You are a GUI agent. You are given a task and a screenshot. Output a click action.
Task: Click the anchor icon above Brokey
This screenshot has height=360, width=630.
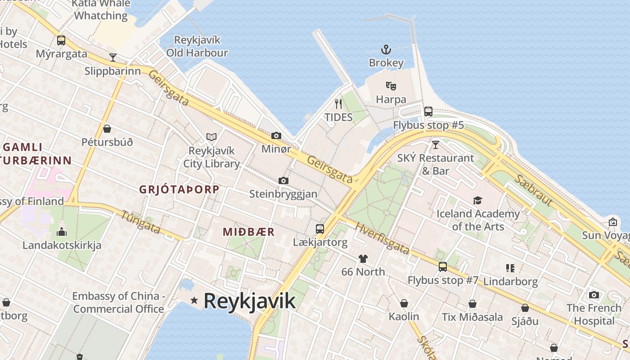click(386, 49)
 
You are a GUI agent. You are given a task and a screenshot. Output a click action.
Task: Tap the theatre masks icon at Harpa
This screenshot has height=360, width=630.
click(391, 85)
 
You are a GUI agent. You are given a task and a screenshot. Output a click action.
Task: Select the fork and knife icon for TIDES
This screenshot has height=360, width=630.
click(338, 104)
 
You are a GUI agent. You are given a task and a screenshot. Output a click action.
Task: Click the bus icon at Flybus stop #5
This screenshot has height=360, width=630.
click(428, 111)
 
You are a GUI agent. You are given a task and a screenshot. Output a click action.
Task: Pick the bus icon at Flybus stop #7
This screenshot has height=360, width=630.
click(443, 267)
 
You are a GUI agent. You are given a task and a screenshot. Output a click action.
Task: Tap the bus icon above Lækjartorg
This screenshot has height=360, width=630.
click(320, 229)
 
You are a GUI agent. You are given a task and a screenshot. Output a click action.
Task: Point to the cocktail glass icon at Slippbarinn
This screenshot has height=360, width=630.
click(113, 57)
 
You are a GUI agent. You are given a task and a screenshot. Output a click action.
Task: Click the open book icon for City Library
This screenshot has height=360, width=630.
click(211, 137)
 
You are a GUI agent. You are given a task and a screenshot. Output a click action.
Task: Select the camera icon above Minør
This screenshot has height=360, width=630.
click(276, 135)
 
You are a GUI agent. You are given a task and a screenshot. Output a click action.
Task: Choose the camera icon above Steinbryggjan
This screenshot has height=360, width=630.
click(283, 180)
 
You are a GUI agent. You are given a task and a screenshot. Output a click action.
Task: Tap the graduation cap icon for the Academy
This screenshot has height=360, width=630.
click(477, 200)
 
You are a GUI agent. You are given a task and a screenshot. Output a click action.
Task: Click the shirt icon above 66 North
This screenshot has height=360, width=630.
click(363, 258)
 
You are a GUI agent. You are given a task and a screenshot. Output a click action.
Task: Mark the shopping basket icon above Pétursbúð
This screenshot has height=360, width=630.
click(107, 129)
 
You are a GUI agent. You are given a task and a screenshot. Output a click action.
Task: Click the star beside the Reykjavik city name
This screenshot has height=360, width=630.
click(194, 300)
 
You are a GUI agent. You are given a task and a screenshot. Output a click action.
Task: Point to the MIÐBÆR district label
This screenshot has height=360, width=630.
click(249, 232)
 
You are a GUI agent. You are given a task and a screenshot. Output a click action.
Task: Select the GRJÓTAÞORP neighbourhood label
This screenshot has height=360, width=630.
click(179, 189)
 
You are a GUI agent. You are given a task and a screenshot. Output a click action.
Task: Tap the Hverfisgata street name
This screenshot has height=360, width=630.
click(382, 238)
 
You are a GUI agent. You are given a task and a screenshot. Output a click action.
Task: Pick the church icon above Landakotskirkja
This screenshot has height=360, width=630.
click(62, 232)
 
